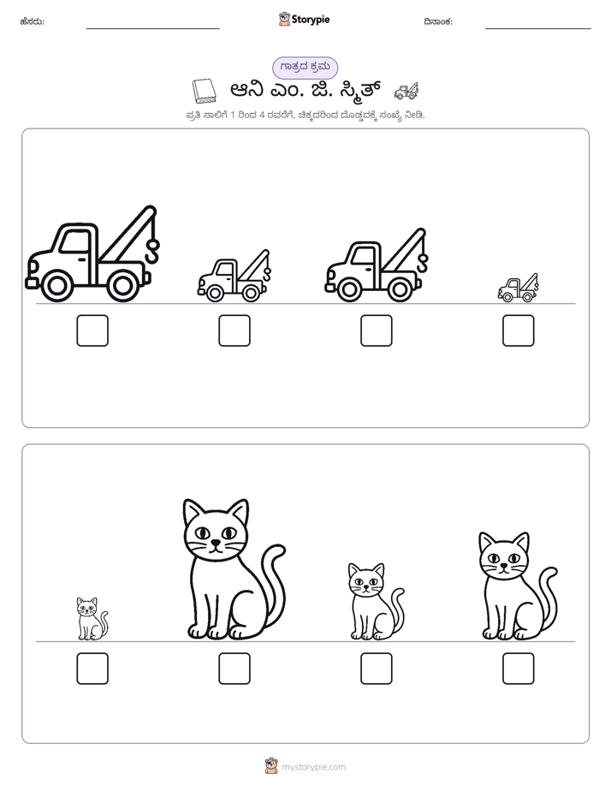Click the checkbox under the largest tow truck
click(92, 330)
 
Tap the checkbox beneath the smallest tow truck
click(519, 330)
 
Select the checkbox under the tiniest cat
click(92, 669)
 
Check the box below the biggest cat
click(234, 669)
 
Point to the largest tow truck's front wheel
click(56, 286)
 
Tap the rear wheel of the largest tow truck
click(122, 286)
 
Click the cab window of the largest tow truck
click(74, 241)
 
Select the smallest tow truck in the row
click(518, 288)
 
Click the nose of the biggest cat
click(216, 543)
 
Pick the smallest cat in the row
click(92, 619)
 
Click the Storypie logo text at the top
click(311, 20)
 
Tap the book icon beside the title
click(205, 91)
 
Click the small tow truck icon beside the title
click(406, 91)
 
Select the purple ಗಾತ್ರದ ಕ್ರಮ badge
click(305, 68)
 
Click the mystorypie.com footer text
click(313, 767)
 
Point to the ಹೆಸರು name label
click(33, 21)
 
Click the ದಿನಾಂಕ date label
click(438, 21)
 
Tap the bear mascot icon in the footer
click(271, 766)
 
